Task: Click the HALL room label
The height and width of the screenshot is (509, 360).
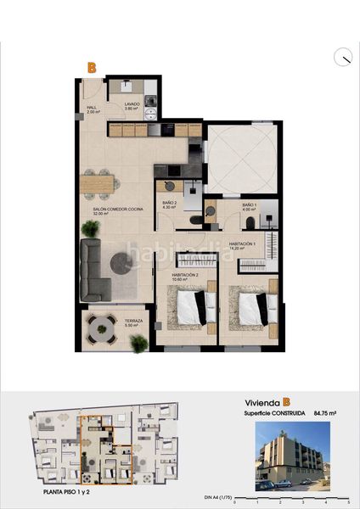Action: [92, 109]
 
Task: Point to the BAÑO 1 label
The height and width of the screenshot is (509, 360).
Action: [249, 206]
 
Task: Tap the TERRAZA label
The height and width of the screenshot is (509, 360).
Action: [134, 323]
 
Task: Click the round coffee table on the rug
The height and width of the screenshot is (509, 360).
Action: [121, 264]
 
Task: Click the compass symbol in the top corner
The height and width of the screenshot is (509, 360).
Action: [342, 57]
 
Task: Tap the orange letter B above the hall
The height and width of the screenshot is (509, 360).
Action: [92, 65]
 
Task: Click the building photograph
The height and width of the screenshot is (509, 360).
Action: [293, 456]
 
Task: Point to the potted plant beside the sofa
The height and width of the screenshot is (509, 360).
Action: [89, 229]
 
